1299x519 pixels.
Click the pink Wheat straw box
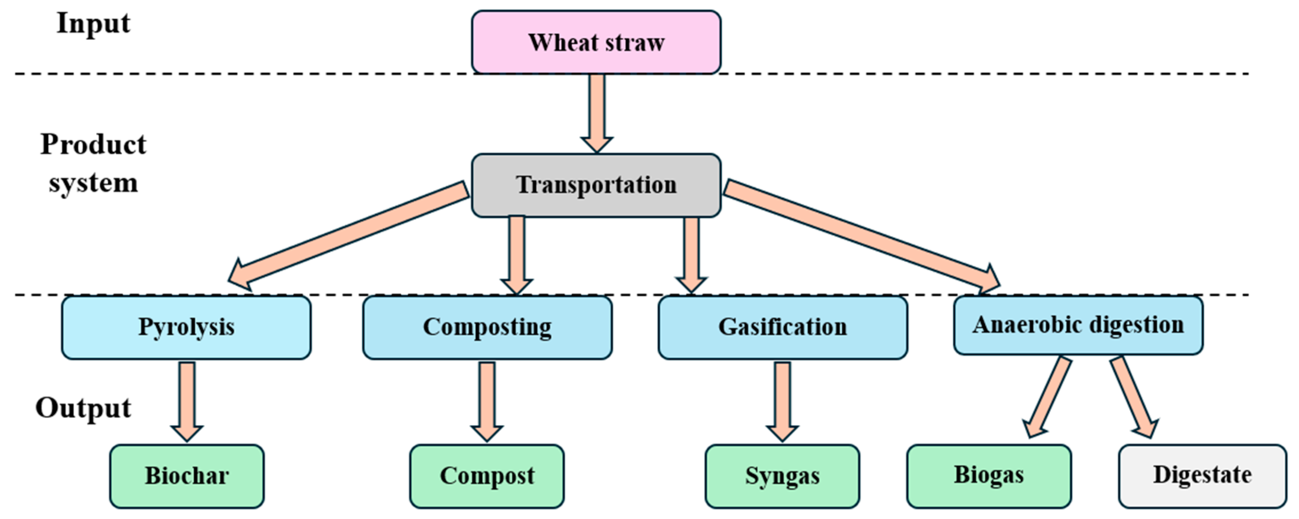pyautogui.click(x=596, y=42)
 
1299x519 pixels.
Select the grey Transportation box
pyautogui.click(x=596, y=185)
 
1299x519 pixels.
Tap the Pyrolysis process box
pyautogui.click(x=186, y=327)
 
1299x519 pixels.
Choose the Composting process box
pyautogui.click(x=487, y=327)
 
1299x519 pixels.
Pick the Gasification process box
pyautogui.click(x=782, y=327)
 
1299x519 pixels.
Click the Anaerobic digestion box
pyautogui.click(x=1078, y=325)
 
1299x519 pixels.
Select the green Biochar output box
pyautogui.click(x=186, y=476)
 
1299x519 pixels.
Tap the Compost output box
pyautogui.click(x=487, y=476)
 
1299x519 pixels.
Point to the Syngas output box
pyautogui.click(x=782, y=476)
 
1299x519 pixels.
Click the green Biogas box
pyautogui.click(x=988, y=476)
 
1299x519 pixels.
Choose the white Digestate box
pyautogui.click(x=1202, y=476)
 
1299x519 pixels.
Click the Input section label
pyautogui.click(x=93, y=24)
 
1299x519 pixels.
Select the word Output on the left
pyautogui.click(x=83, y=408)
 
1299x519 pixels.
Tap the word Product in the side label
pyautogui.click(x=93, y=145)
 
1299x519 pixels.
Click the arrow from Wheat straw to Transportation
pyautogui.click(x=596, y=111)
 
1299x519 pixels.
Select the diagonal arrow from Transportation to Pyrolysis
pyautogui.click(x=348, y=234)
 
